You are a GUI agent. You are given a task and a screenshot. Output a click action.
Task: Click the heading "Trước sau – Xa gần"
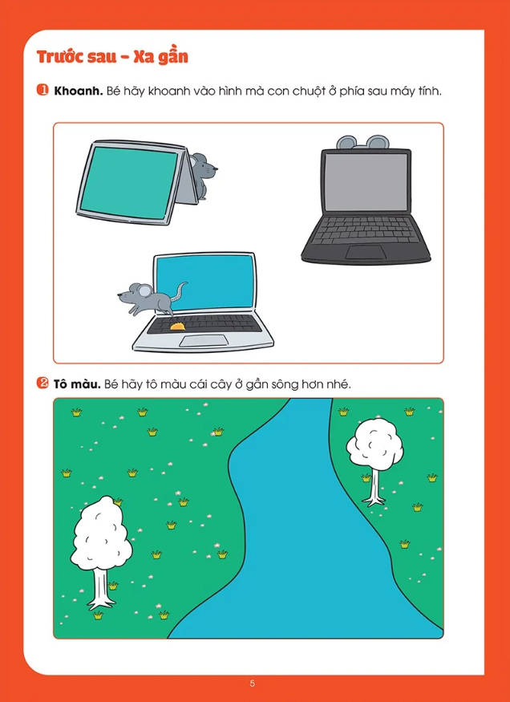coord(111,58)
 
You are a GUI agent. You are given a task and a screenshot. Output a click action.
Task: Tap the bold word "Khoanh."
coord(79,91)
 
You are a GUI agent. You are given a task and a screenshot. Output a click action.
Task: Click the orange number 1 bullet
coord(42,91)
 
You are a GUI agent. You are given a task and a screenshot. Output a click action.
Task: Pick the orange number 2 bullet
coord(42,384)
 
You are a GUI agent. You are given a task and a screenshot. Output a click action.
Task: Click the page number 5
coord(253,684)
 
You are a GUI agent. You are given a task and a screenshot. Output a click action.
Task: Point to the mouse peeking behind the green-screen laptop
coord(204,175)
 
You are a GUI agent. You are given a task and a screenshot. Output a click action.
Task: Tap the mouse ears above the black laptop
coord(362,142)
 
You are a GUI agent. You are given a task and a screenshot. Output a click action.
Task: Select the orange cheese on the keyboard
coord(177,326)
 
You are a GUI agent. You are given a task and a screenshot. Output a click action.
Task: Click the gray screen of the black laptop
coord(366,181)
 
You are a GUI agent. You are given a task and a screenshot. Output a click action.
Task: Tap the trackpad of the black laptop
coord(366,252)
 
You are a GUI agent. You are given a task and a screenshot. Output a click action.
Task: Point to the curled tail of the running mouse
coord(180,292)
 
